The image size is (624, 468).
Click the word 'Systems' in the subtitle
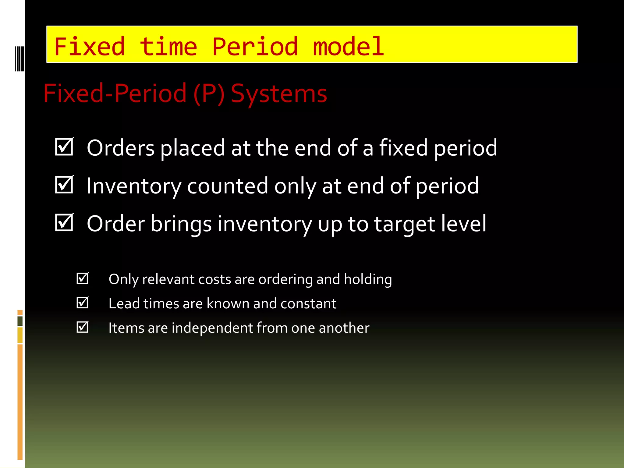click(x=279, y=94)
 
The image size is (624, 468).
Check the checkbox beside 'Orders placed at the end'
click(x=64, y=147)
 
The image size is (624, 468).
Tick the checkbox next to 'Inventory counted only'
click(x=64, y=185)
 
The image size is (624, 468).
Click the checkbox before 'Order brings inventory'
click(x=64, y=222)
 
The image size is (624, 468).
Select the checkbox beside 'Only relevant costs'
click(x=82, y=278)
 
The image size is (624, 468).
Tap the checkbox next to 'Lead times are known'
click(x=82, y=303)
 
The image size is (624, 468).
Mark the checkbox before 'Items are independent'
click(x=82, y=327)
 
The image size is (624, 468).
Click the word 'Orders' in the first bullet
click(x=121, y=148)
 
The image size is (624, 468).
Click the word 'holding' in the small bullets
click(x=368, y=279)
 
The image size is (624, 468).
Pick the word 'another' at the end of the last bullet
click(x=344, y=328)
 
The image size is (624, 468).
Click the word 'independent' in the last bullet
click(x=212, y=328)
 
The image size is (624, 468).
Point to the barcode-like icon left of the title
click(x=19, y=59)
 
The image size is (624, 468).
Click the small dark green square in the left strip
click(x=20, y=321)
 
